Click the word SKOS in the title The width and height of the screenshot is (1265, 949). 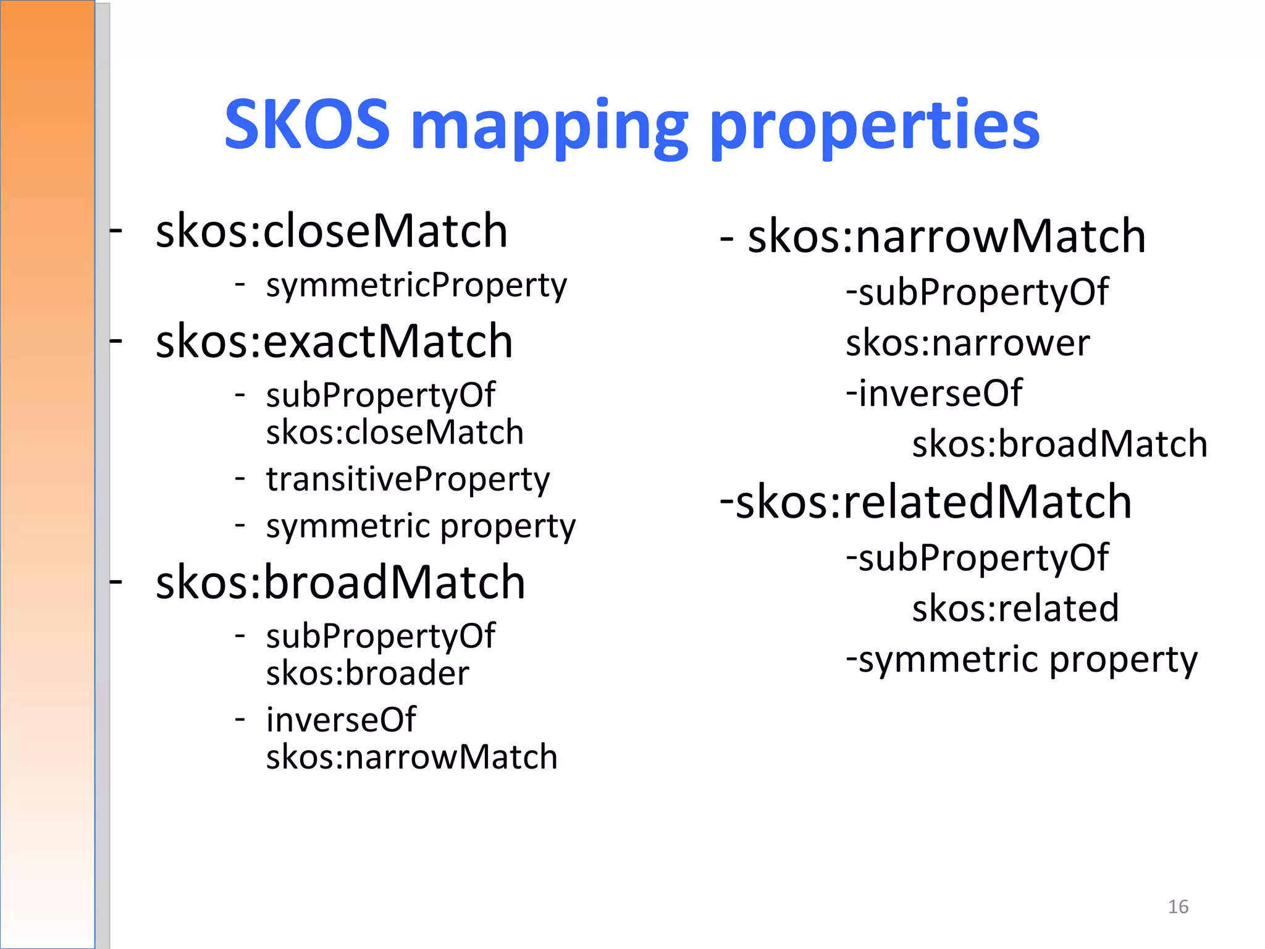click(307, 125)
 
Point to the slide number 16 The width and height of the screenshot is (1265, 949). click(1178, 906)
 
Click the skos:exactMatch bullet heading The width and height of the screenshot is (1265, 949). click(334, 341)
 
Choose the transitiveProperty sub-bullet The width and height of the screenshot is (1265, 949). click(408, 479)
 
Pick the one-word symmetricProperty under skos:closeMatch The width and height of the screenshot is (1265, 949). click(416, 285)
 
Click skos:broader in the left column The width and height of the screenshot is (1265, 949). click(368, 673)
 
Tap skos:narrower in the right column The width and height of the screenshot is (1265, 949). click(967, 343)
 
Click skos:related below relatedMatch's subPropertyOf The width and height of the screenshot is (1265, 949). click(1015, 608)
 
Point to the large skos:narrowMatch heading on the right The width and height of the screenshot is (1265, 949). click(946, 236)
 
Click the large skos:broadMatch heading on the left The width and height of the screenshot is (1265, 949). click(340, 582)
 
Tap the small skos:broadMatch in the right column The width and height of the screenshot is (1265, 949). click(1059, 444)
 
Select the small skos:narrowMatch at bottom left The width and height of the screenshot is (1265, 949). click(411, 757)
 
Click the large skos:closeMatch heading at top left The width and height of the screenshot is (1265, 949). click(332, 231)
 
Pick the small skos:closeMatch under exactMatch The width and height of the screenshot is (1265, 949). click(395, 432)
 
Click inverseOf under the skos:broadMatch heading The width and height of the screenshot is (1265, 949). click(341, 720)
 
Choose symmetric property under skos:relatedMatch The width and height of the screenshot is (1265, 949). click(1028, 659)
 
